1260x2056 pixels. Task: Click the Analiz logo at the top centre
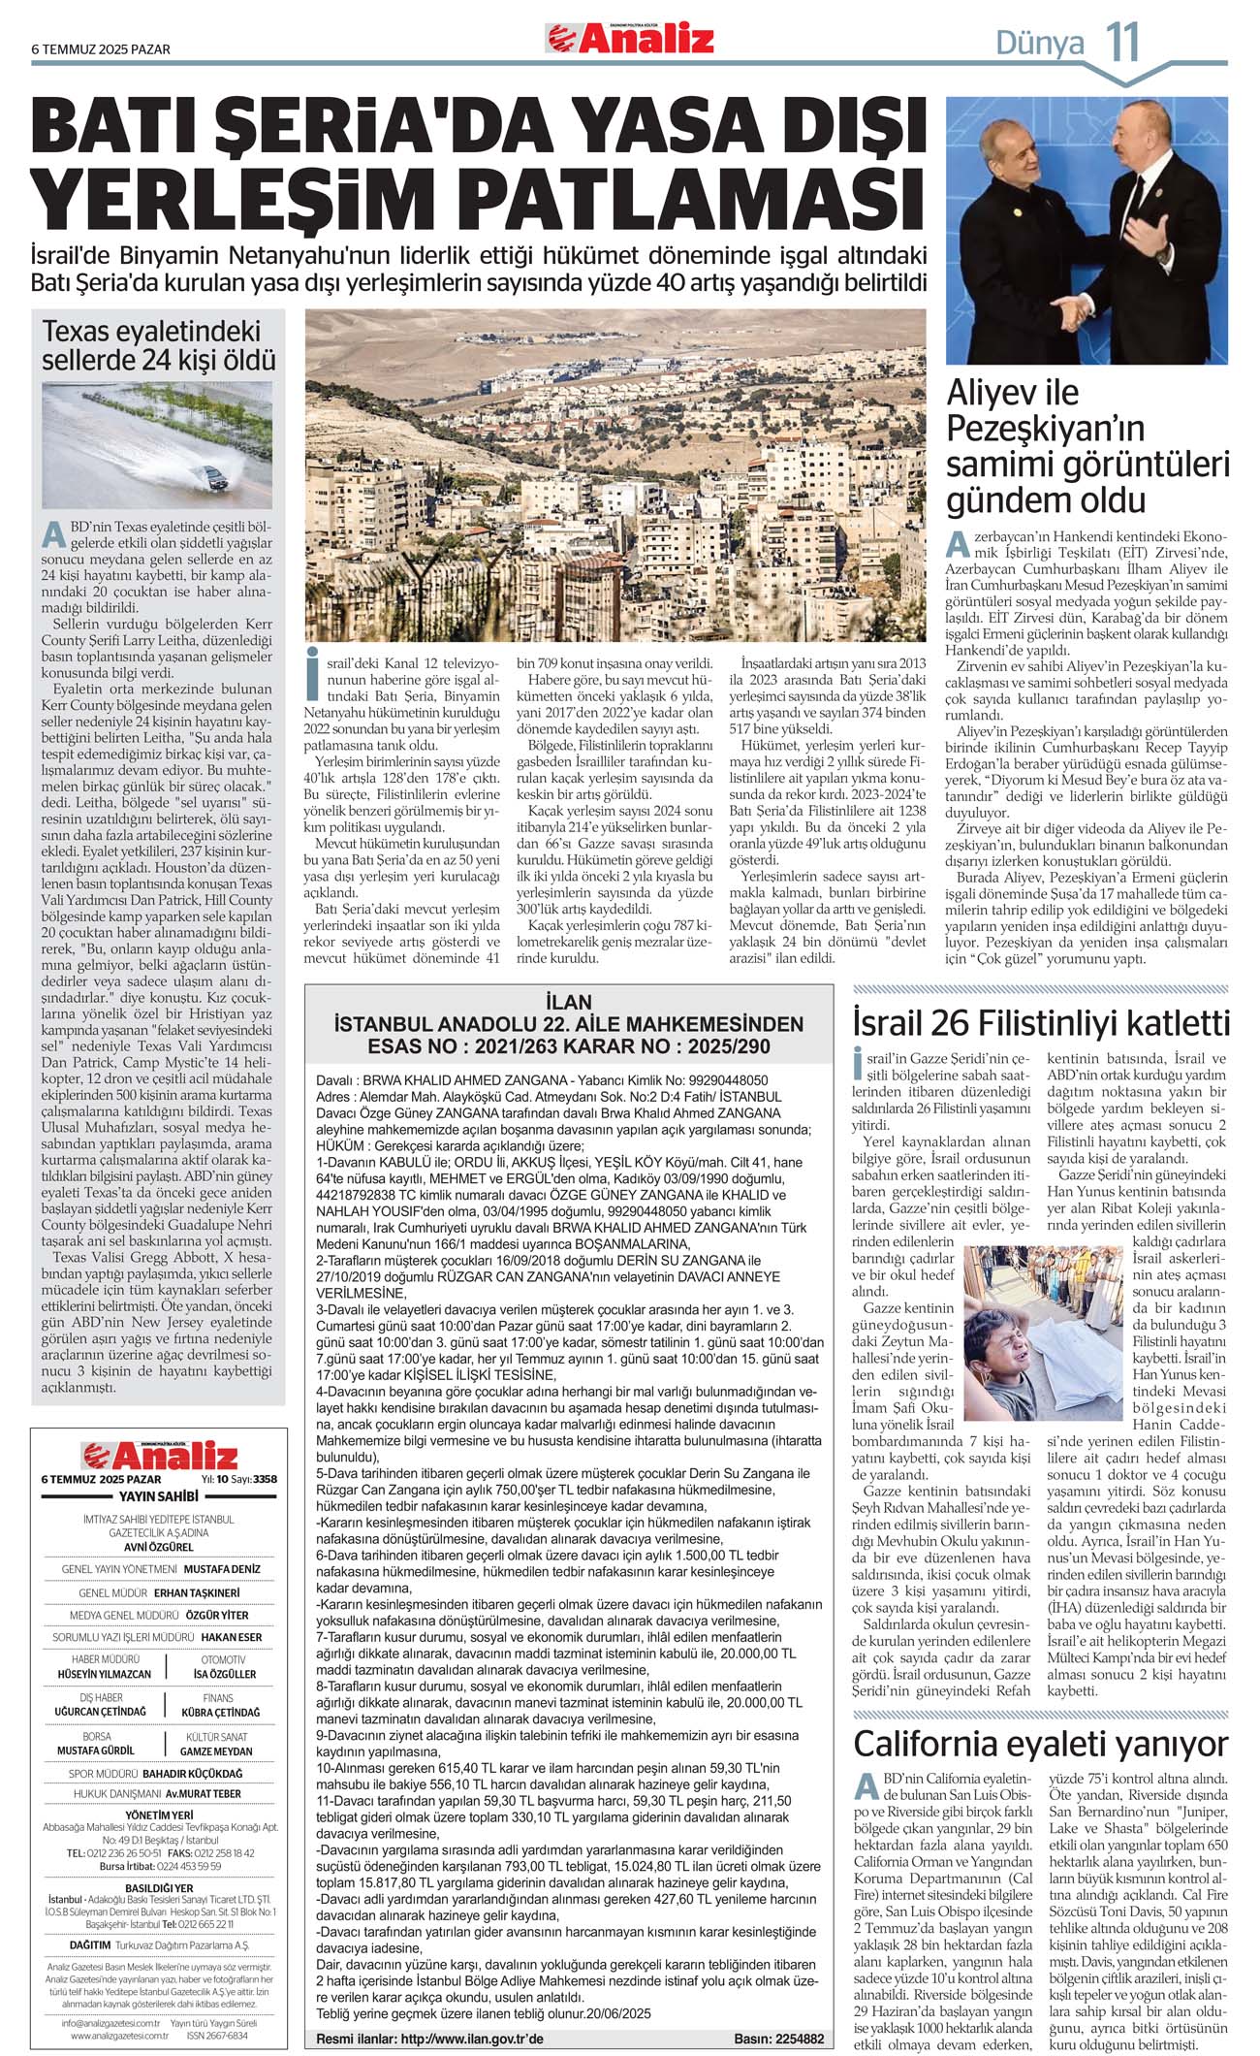(x=630, y=39)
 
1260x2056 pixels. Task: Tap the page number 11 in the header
(x=1122, y=43)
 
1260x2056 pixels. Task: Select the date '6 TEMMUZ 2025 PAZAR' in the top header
(x=101, y=49)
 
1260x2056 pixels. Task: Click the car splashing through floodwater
(x=211, y=476)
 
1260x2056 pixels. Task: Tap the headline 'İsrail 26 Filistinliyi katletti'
(x=1041, y=1023)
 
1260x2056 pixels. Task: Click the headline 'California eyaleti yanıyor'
(x=1041, y=1744)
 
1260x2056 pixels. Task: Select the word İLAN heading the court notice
(x=568, y=1003)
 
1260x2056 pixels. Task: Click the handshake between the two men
(x=1074, y=313)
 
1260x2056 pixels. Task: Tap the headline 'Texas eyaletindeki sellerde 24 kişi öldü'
(x=158, y=345)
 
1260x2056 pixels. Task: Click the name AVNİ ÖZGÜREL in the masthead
(x=158, y=1548)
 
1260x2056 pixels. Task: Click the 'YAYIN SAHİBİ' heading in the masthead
(x=158, y=1496)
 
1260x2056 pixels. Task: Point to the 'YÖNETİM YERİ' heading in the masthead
(x=158, y=1815)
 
